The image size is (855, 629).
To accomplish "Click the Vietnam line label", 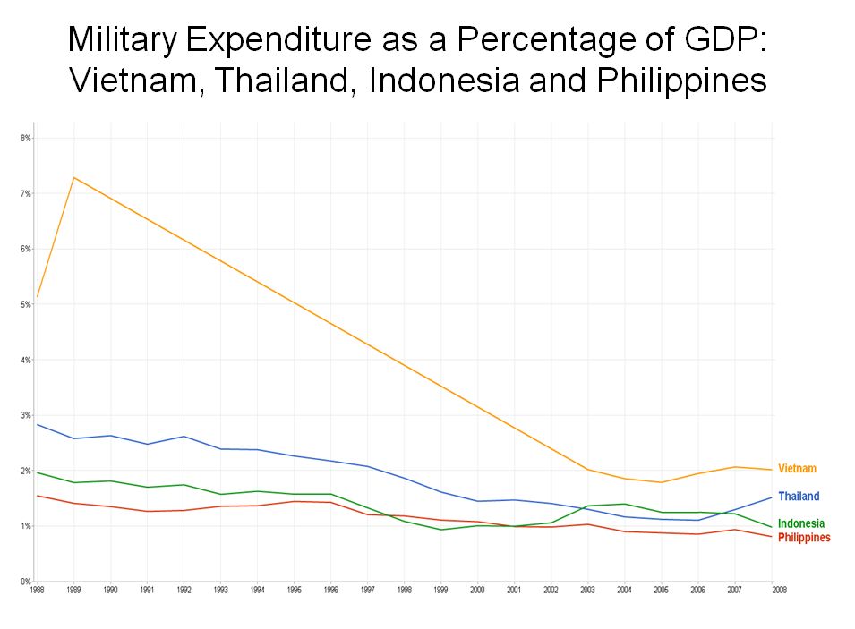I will (x=797, y=469).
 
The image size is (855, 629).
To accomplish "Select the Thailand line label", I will (x=799, y=497).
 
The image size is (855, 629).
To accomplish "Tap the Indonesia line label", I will (x=801, y=523).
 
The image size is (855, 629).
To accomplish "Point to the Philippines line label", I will (x=804, y=538).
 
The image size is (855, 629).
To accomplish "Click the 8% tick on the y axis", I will (x=26, y=139).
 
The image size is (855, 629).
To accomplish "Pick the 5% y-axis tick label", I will (x=26, y=304).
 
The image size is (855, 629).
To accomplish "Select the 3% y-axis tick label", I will (x=26, y=415).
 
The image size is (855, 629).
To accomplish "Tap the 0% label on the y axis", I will (x=26, y=582).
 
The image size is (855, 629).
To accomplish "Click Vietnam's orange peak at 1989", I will (x=73, y=177).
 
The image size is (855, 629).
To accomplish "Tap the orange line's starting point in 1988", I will (x=38, y=296).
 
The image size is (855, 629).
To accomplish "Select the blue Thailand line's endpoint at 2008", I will (x=772, y=497).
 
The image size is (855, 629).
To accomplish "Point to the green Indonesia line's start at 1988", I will (x=38, y=472).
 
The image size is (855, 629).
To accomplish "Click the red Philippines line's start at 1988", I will (x=38, y=496).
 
